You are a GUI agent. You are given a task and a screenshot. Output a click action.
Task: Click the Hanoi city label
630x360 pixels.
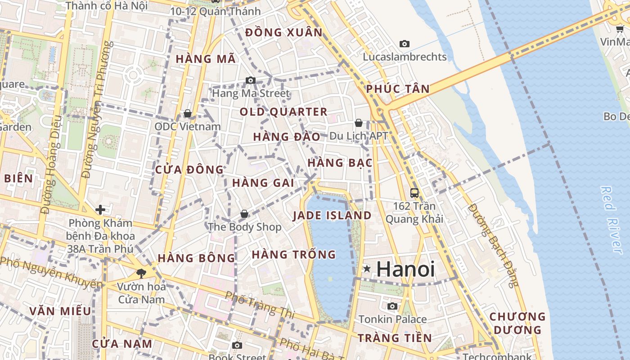(405, 269)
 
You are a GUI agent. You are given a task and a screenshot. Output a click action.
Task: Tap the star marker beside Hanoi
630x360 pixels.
(367, 269)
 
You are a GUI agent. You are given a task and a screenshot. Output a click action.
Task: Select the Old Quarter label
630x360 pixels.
(283, 112)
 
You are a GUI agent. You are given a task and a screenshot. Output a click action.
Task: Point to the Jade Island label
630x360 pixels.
(332, 216)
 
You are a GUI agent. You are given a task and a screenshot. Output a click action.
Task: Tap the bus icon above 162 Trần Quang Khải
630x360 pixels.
(414, 193)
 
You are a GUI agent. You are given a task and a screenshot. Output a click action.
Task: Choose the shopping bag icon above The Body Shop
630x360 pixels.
(244, 214)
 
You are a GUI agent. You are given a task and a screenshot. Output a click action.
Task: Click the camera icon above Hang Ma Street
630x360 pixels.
(251, 81)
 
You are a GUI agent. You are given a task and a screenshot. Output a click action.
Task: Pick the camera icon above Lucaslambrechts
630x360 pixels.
(405, 44)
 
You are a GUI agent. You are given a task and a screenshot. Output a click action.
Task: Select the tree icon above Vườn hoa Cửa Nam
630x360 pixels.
(141, 273)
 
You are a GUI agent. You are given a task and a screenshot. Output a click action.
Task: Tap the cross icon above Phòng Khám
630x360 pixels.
(100, 209)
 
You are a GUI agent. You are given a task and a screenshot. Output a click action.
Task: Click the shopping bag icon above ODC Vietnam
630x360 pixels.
(188, 113)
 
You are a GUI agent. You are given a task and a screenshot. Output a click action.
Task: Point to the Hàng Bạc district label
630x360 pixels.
(340, 162)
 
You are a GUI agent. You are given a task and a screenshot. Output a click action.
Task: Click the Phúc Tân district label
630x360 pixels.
(398, 89)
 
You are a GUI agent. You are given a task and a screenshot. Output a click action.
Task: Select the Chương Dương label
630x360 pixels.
(517, 323)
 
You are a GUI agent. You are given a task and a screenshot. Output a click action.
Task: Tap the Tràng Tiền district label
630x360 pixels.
(395, 338)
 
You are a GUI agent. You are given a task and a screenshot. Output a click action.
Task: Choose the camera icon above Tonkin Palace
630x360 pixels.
(392, 306)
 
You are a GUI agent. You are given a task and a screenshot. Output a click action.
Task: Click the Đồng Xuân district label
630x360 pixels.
(284, 32)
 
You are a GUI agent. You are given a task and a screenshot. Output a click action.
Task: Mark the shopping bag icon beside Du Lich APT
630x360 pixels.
(359, 123)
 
